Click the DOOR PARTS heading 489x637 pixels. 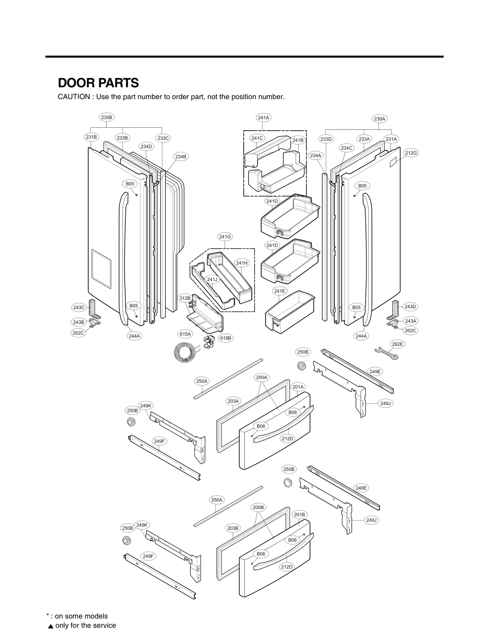[x=98, y=83]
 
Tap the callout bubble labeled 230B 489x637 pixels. [x=107, y=117]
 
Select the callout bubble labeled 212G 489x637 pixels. [x=411, y=153]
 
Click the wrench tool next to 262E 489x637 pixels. [x=386, y=353]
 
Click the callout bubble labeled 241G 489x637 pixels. [x=225, y=237]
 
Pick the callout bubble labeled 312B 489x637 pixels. [x=185, y=298]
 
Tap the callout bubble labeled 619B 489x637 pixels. [x=226, y=338]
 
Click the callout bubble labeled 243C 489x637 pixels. [x=79, y=307]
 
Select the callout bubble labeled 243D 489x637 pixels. [x=410, y=307]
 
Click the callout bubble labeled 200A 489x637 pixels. [x=262, y=377]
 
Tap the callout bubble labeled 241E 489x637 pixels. [x=279, y=291]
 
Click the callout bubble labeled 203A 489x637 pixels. [x=233, y=401]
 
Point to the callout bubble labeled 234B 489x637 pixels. [x=181, y=157]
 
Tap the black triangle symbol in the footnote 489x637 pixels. [x=51, y=626]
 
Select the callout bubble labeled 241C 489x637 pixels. [x=257, y=138]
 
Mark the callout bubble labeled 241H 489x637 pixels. [x=242, y=263]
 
